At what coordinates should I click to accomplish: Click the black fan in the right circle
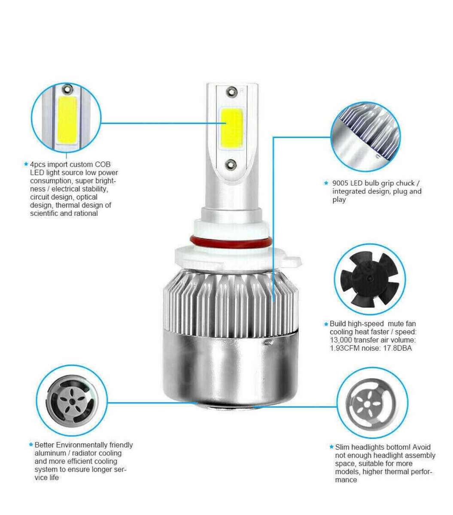[x=368, y=279]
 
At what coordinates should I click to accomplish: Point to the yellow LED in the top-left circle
[x=67, y=120]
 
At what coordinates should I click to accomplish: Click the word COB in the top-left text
[x=102, y=164]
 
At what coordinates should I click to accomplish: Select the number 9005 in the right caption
[x=341, y=183]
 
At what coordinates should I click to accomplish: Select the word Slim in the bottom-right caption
[x=343, y=447]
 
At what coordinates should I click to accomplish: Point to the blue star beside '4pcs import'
[x=26, y=164]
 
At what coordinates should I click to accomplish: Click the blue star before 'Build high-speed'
[x=326, y=324]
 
